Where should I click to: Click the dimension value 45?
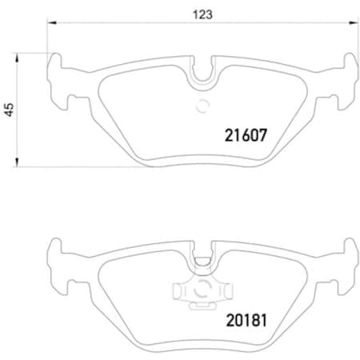[x=9, y=111]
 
